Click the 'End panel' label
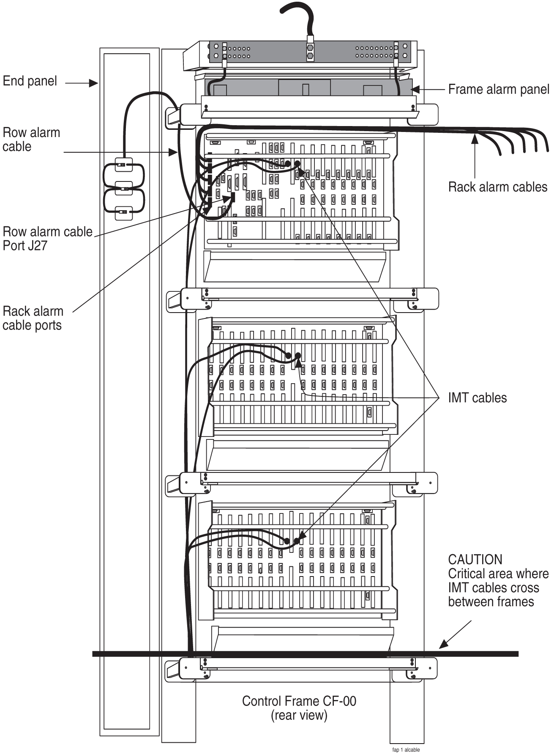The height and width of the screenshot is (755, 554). [30, 81]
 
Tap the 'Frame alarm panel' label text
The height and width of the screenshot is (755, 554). [498, 89]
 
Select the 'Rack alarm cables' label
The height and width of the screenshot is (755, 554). [497, 187]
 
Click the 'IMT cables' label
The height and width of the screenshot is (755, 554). [477, 398]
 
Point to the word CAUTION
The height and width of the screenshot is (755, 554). [475, 559]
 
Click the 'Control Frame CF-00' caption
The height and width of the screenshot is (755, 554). [299, 701]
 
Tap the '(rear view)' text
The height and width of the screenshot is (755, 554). [299, 715]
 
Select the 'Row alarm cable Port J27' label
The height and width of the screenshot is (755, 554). [47, 238]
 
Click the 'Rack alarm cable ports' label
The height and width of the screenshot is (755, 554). [33, 318]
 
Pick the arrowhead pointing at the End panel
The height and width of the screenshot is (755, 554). [94, 83]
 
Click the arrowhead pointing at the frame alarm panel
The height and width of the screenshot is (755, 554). [415, 90]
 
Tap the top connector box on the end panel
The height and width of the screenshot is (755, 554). [123, 165]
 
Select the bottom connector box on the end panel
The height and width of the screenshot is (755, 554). [123, 212]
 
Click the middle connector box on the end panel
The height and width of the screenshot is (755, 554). [123, 188]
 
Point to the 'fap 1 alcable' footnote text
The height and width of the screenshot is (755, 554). [406, 750]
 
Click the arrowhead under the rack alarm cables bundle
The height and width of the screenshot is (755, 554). [475, 136]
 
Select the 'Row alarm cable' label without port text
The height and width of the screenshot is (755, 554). [31, 139]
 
